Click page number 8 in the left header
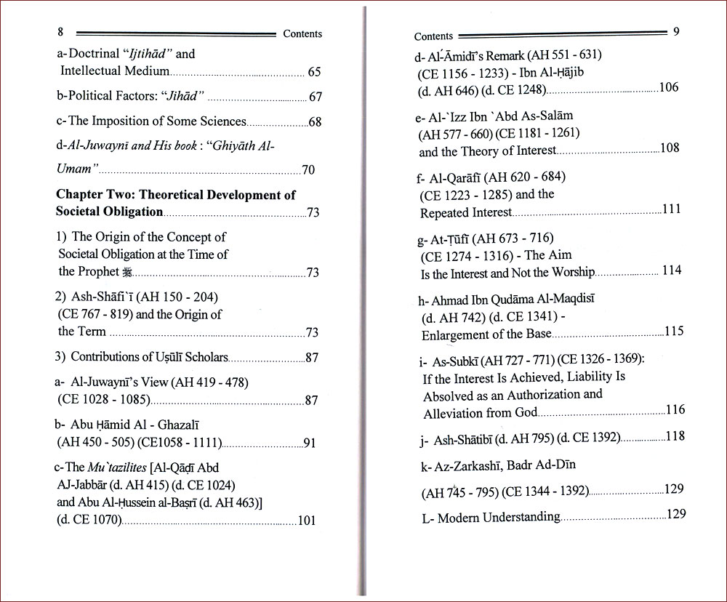pyautogui.click(x=60, y=32)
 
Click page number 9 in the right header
pyautogui.click(x=676, y=32)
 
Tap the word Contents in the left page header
pyautogui.click(x=302, y=33)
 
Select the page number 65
pyautogui.click(x=314, y=72)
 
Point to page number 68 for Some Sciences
pyautogui.click(x=315, y=122)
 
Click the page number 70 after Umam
pyautogui.click(x=308, y=171)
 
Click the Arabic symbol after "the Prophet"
pyautogui.click(x=127, y=273)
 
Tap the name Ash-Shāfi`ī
pyautogui.click(x=100, y=297)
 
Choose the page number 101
pyautogui.click(x=307, y=520)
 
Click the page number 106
pyautogui.click(x=668, y=88)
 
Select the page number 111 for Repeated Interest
pyautogui.click(x=671, y=209)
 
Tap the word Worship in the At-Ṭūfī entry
pyautogui.click(x=572, y=272)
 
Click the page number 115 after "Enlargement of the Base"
pyautogui.click(x=674, y=332)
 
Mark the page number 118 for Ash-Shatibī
pyautogui.click(x=675, y=436)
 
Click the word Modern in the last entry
pyautogui.click(x=459, y=518)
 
